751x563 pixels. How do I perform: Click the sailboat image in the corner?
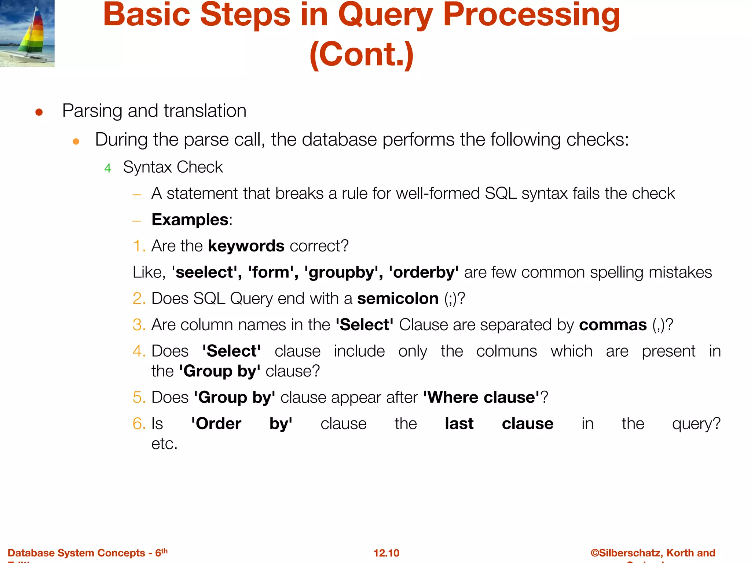point(27,33)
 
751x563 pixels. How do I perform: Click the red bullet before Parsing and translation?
point(39,112)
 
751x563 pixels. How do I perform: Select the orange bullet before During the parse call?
point(76,141)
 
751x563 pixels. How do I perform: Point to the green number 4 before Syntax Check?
point(107,168)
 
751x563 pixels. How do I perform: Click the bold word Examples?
point(190,220)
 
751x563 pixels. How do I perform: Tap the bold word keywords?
point(246,246)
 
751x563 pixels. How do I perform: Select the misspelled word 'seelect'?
point(205,272)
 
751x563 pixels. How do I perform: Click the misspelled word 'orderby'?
point(424,272)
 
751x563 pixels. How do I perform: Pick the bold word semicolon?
point(398,299)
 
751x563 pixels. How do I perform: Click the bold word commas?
point(613,325)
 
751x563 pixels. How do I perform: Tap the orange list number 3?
point(139,325)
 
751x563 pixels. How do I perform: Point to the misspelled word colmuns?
point(506,351)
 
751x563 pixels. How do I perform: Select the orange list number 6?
point(139,424)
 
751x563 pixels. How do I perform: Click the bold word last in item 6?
point(459,424)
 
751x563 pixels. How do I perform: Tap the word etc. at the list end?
point(164,444)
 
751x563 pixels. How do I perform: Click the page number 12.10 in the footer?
point(386,553)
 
